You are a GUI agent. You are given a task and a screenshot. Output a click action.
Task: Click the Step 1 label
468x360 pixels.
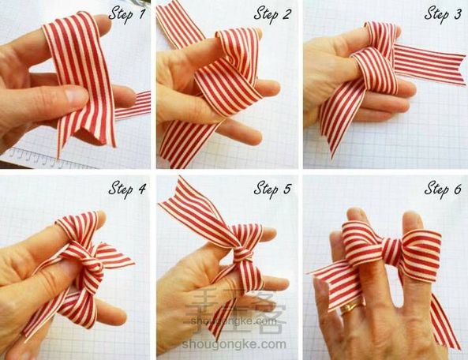click(127, 15)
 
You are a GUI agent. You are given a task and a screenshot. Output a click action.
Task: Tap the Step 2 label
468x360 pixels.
click(272, 15)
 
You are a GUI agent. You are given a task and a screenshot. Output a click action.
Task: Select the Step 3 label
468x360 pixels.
click(443, 15)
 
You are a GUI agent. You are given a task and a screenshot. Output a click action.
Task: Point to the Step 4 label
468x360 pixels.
click(127, 189)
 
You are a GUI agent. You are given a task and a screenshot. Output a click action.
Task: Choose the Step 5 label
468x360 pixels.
click(272, 189)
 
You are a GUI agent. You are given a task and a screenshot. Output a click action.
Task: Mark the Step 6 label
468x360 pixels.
click(443, 189)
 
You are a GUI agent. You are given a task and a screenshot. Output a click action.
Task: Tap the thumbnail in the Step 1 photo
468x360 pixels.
click(75, 96)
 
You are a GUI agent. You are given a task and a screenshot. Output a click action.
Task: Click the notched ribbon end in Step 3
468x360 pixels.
click(459, 69)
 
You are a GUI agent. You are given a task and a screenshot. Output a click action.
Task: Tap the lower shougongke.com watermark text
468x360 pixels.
click(234, 344)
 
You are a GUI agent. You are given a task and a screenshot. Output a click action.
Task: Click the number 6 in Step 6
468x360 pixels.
click(457, 189)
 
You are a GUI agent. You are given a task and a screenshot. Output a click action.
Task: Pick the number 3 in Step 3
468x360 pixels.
click(457, 14)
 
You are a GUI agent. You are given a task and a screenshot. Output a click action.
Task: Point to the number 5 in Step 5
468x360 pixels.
click(286, 189)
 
